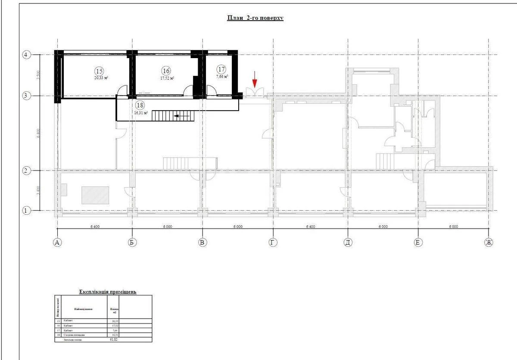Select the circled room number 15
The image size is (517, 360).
click(x=100, y=71)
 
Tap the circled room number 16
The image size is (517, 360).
click(x=166, y=71)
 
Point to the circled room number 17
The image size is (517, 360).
click(x=221, y=69)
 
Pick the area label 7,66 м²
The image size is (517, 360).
click(x=221, y=76)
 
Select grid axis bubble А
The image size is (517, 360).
click(x=57, y=242)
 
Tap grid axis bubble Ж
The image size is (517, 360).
click(x=489, y=242)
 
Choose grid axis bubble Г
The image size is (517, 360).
click(x=273, y=242)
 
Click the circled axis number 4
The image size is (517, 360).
click(x=27, y=55)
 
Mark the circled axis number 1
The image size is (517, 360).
click(x=27, y=211)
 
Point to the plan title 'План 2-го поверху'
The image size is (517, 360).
click(x=255, y=18)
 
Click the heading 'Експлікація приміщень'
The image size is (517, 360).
click(x=108, y=292)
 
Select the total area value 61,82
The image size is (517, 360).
click(x=114, y=339)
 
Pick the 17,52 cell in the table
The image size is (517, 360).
click(x=114, y=326)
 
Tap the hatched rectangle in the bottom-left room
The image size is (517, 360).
click(x=95, y=195)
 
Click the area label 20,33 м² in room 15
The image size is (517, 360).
click(x=101, y=78)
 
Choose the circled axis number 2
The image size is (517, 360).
click(x=27, y=171)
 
